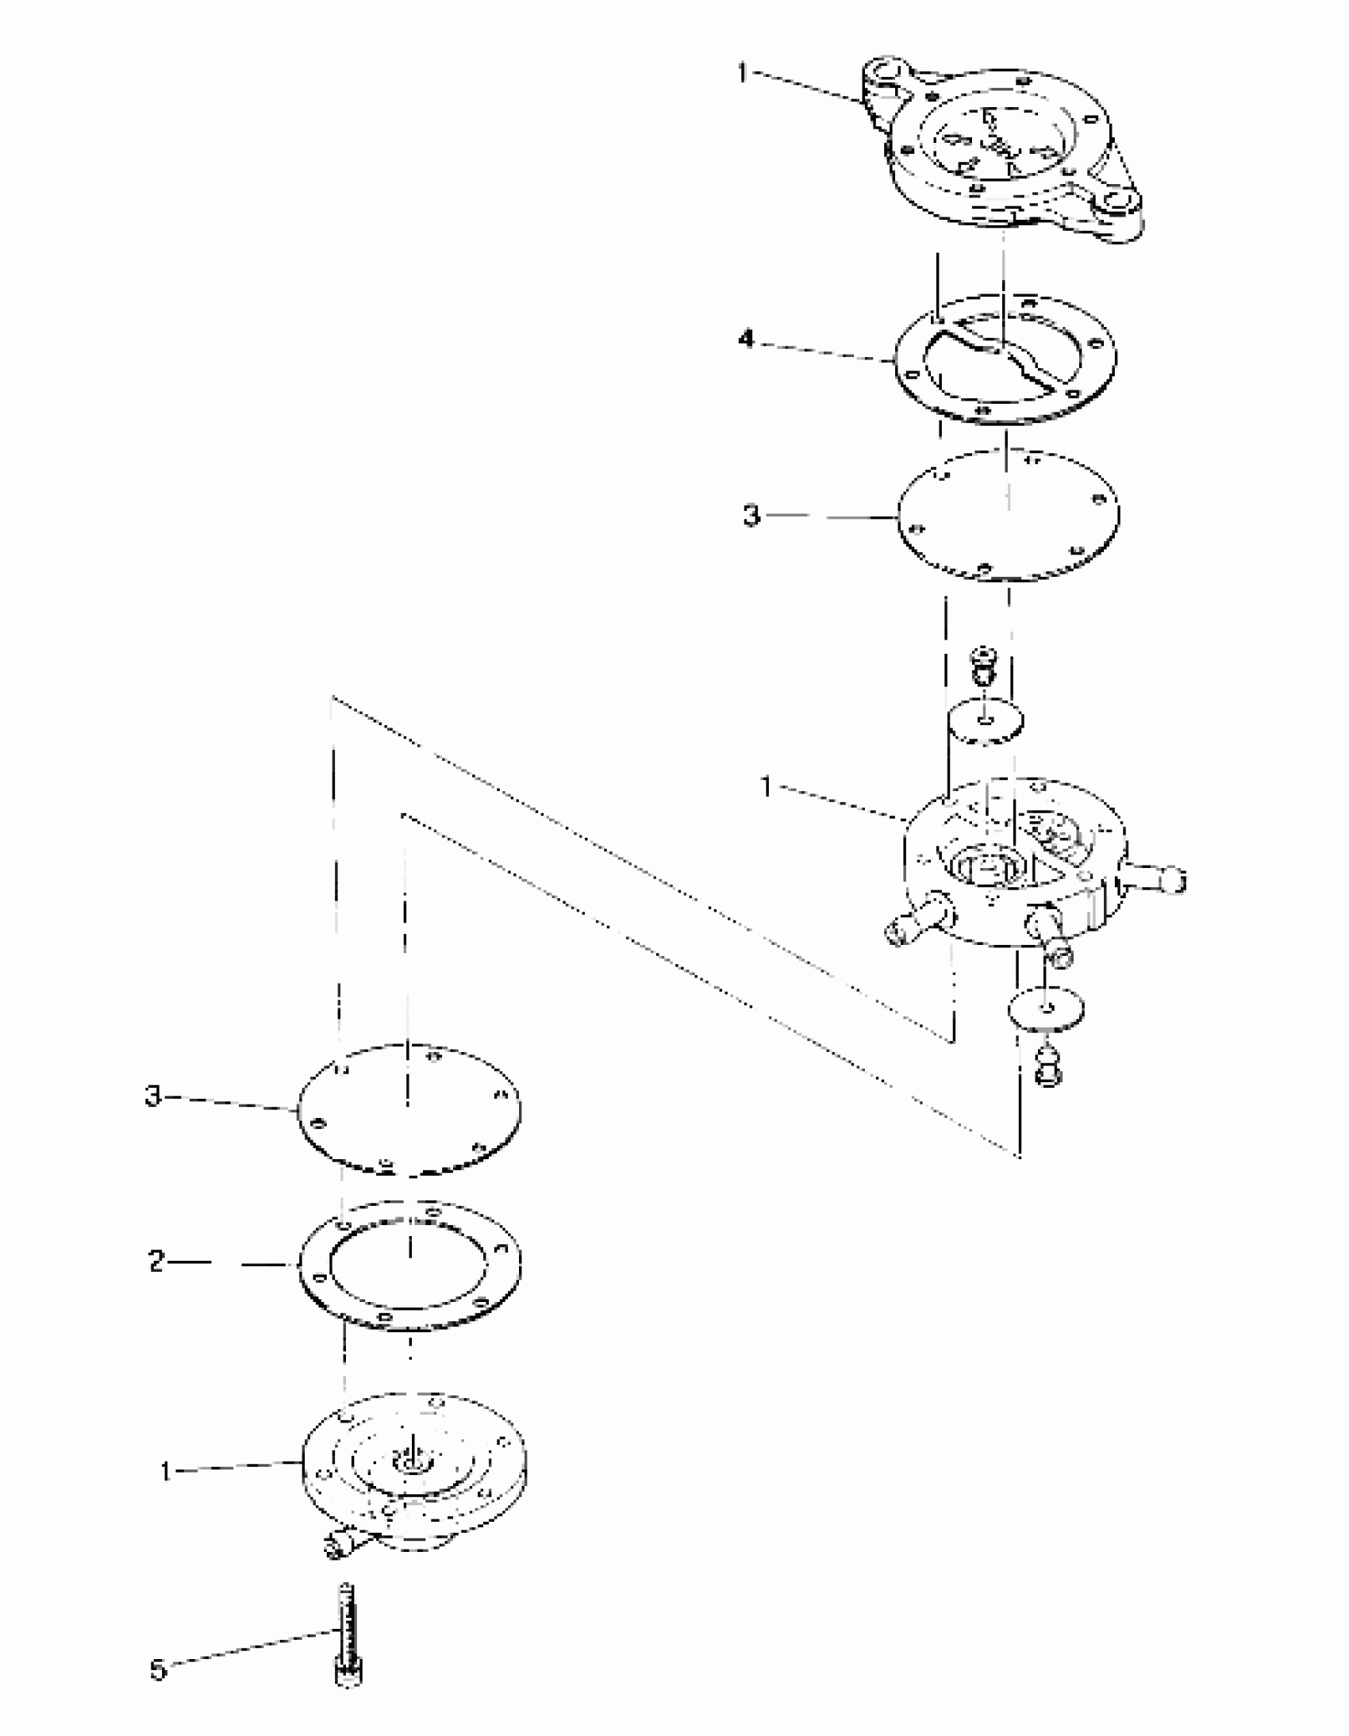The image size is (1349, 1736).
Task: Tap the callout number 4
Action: [x=746, y=340]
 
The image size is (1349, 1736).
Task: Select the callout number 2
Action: [x=156, y=1262]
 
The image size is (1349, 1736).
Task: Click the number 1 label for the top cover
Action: [x=742, y=74]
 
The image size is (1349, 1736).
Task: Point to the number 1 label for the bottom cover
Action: [x=165, y=1473]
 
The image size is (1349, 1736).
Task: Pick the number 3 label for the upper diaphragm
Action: [x=751, y=515]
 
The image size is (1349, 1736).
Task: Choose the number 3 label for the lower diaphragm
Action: [x=152, y=1097]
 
